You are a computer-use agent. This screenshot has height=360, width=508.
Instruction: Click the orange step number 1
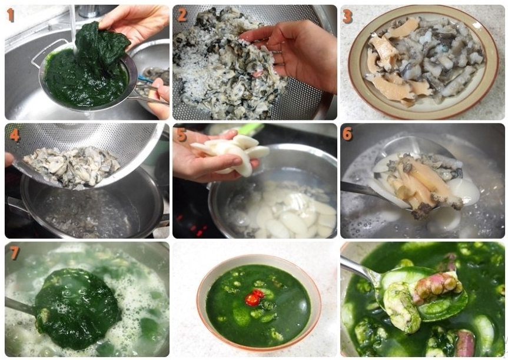11,15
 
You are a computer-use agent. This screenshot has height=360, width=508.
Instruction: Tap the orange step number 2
182,15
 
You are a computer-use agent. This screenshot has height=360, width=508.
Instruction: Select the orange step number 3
347,16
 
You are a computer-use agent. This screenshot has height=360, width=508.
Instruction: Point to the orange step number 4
15,135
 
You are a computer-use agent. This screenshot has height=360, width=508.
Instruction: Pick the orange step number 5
181,135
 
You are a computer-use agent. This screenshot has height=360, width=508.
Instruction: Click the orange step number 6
347,134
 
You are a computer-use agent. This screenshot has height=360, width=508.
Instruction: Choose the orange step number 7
14,253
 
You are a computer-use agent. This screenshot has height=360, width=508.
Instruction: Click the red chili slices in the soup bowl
254,298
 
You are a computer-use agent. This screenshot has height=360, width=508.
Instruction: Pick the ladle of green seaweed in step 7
78,308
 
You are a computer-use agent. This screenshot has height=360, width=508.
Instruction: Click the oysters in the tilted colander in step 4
72,166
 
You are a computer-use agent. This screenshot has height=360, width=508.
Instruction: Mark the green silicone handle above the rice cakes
250,128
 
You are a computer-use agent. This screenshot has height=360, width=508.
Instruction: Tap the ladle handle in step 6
358,189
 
